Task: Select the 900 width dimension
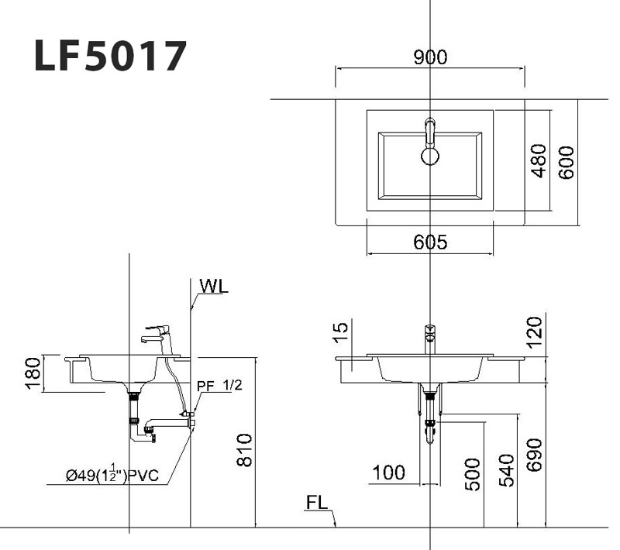(429, 57)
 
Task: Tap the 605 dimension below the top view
(430, 242)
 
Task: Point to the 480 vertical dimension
(538, 161)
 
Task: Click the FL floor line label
(317, 503)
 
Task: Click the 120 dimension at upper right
(536, 333)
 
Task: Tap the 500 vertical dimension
(472, 473)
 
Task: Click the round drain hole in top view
(430, 155)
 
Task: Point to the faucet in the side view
(159, 335)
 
